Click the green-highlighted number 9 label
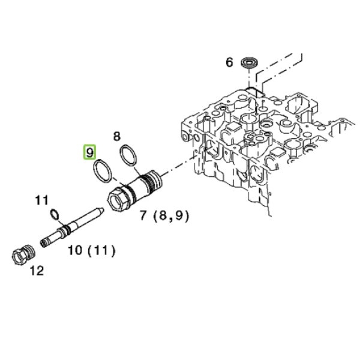[89, 152]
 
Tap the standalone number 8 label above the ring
[117, 136]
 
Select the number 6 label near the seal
[229, 62]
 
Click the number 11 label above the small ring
[41, 200]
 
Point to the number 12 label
[37, 271]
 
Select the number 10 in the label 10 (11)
[75, 250]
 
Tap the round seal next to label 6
[250, 62]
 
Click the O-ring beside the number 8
[128, 155]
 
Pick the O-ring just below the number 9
[103, 171]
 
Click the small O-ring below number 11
[55, 214]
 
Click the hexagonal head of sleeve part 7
[118, 198]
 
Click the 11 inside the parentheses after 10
[101, 250]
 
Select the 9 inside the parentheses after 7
[178, 215]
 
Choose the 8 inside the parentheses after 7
[163, 215]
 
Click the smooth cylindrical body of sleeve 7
[138, 187]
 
